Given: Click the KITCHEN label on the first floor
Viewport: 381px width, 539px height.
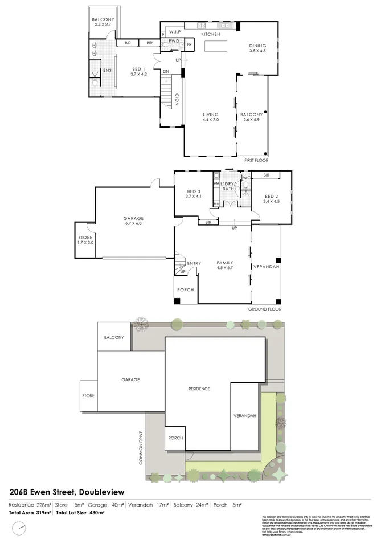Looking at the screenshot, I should (211, 35).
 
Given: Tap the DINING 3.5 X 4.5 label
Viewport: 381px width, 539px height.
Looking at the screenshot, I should (257, 48).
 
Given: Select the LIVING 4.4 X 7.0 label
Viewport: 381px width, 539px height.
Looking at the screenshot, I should (211, 117).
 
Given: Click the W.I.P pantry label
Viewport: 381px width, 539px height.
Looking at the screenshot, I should (175, 32).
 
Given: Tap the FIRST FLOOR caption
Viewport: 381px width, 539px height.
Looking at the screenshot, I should (256, 161).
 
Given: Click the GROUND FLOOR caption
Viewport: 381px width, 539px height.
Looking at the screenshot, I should (264, 309).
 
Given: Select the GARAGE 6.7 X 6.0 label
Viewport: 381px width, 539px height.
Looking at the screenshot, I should (133, 221).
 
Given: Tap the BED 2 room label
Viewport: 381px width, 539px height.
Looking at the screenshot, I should (272, 198).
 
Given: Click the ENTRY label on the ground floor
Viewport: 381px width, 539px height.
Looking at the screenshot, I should (194, 263).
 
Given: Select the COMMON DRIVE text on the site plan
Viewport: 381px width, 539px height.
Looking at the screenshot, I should (141, 447).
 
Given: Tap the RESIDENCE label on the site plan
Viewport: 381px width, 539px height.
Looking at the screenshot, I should (199, 389).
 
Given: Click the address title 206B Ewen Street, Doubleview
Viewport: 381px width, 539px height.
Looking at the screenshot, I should (67, 491).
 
